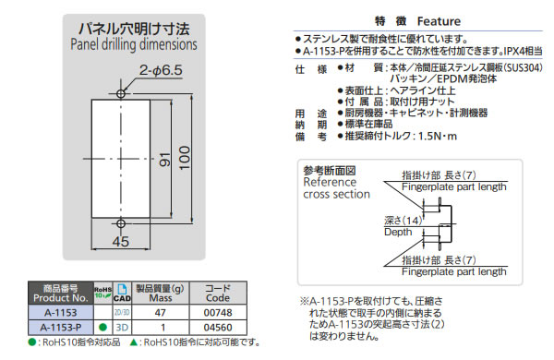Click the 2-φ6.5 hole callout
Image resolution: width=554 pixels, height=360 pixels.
click(x=161, y=70)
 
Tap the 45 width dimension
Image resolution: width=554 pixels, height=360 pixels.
click(x=120, y=242)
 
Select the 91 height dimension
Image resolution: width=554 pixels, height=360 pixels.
click(x=164, y=160)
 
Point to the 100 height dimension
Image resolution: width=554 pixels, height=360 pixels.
click(x=185, y=158)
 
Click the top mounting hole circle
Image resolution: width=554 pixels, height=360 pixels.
click(x=121, y=93)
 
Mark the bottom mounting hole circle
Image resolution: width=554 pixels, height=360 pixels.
click(x=121, y=223)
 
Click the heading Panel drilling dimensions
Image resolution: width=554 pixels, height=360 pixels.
click(x=134, y=44)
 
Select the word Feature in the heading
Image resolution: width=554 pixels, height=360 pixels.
click(x=439, y=21)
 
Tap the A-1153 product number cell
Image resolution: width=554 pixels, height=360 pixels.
click(x=61, y=313)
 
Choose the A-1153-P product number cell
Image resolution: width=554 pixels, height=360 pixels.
click(x=61, y=328)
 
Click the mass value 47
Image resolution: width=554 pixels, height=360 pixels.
click(x=160, y=313)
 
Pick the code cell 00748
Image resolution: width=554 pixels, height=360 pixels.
click(x=218, y=313)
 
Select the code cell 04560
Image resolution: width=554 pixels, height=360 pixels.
click(x=218, y=328)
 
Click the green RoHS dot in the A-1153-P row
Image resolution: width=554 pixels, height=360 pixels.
click(x=103, y=328)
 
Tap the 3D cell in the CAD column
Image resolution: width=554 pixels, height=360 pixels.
click(x=122, y=328)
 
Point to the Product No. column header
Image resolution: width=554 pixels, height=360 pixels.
click(x=61, y=293)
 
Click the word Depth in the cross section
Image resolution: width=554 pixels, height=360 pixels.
click(x=398, y=232)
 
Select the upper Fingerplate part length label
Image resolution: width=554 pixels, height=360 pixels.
click(x=454, y=186)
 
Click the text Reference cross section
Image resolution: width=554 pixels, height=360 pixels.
click(x=336, y=188)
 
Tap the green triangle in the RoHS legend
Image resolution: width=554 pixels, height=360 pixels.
click(x=134, y=342)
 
